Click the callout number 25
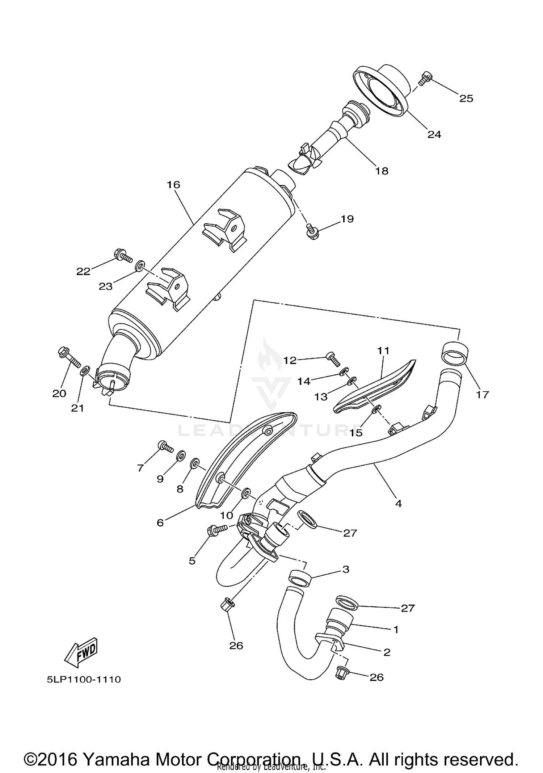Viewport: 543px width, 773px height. [466, 98]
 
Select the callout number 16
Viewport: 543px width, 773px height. [173, 185]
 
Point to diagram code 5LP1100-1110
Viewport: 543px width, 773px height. [84, 679]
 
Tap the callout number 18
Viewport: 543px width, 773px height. [382, 171]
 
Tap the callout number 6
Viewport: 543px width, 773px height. [160, 522]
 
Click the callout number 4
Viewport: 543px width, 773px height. [398, 503]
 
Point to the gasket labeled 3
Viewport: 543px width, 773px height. [300, 578]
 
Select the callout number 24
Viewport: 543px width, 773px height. [434, 135]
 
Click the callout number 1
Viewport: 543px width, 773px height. [396, 630]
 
